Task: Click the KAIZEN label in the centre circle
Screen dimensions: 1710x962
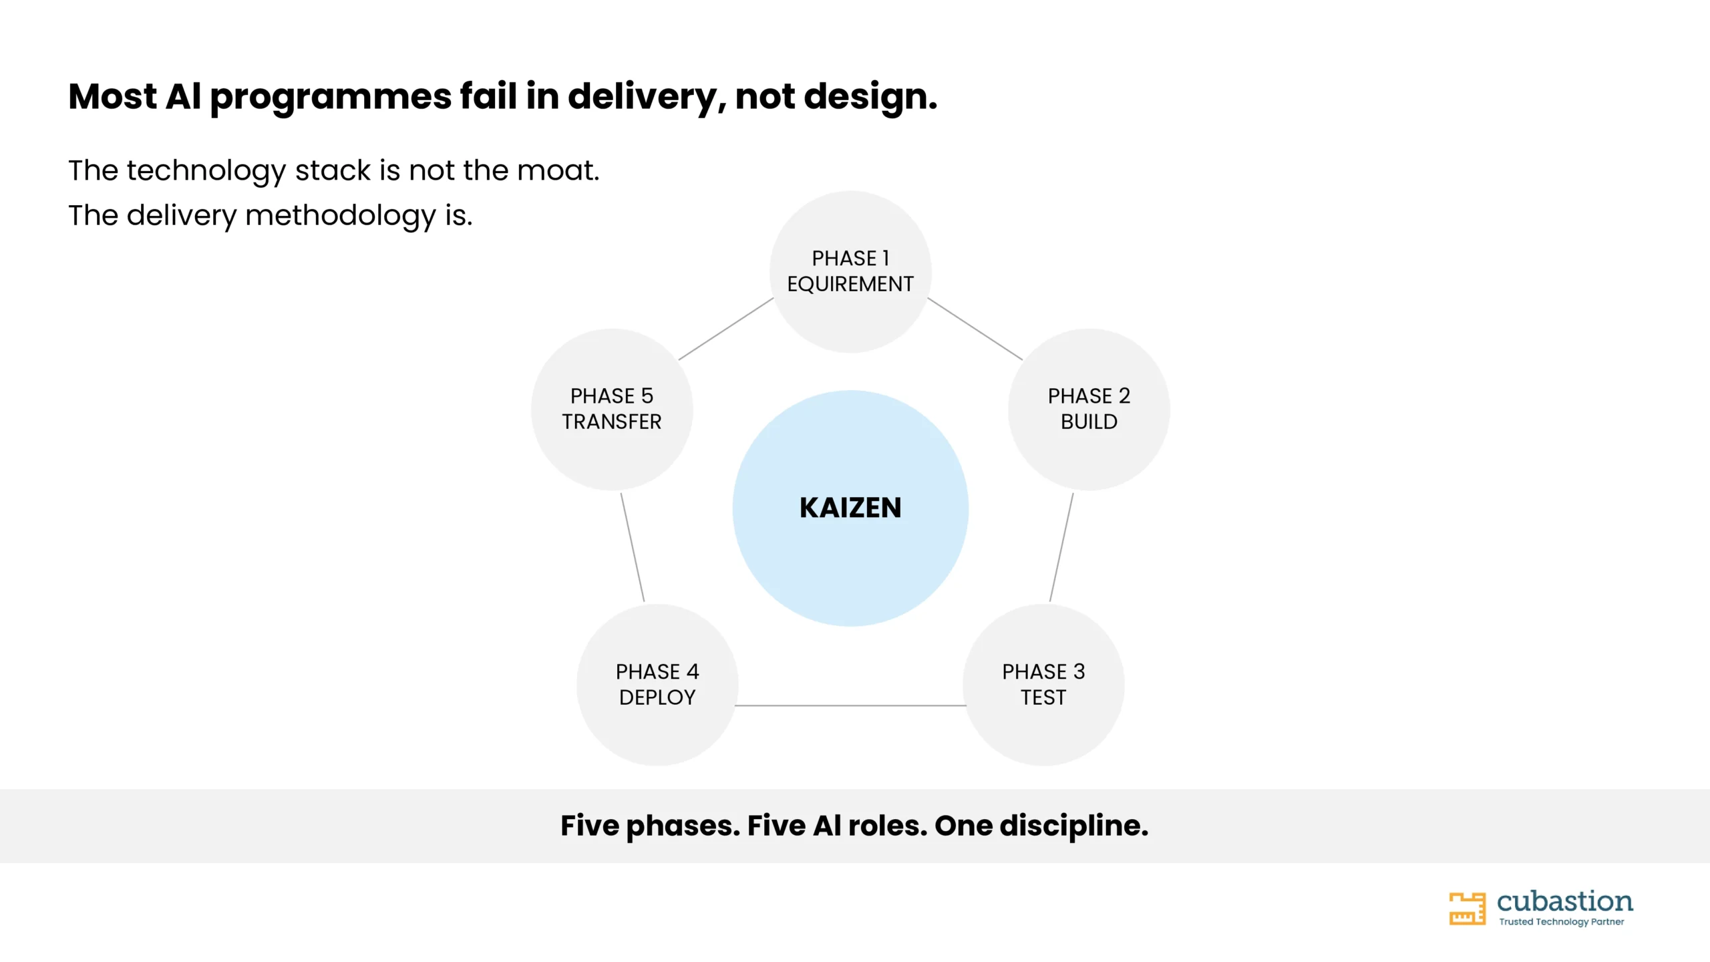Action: tap(850, 508)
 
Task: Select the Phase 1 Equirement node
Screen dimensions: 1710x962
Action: tap(850, 271)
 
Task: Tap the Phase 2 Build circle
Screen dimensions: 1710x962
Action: tap(1089, 409)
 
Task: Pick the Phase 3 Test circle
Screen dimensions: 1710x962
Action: tap(1043, 685)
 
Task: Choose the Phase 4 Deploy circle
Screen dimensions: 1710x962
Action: tap(657, 685)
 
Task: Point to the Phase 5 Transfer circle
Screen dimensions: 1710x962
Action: tap(612, 409)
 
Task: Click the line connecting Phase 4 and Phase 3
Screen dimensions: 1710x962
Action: tap(850, 705)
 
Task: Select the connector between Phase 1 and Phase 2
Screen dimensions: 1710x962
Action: tap(975, 329)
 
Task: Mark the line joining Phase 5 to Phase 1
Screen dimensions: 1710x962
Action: tap(726, 329)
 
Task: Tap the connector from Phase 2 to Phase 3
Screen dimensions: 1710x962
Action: tap(1061, 547)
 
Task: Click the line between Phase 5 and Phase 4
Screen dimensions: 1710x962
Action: tap(633, 547)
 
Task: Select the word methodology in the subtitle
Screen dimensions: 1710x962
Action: tap(341, 216)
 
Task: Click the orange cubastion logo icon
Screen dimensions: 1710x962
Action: tap(1467, 909)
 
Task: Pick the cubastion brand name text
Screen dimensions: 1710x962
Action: tap(1565, 901)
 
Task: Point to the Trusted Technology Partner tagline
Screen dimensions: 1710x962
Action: tap(1561, 922)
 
